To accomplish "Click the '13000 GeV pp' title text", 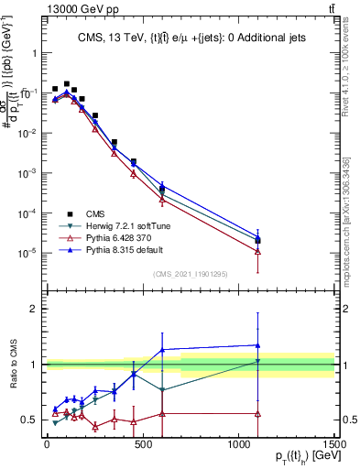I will pyautogui.click(x=44, y=9).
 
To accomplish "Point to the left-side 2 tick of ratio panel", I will pyautogui.click(x=32, y=309).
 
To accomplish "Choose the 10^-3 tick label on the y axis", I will pyautogui.click(x=27, y=173).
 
